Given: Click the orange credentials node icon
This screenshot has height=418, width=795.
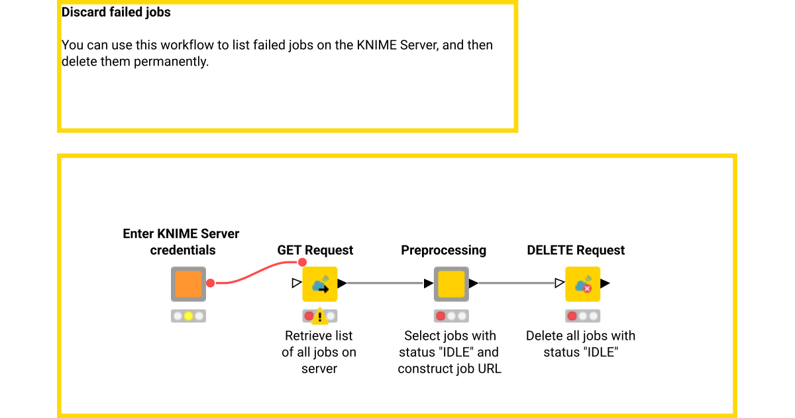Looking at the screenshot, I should pos(189,284).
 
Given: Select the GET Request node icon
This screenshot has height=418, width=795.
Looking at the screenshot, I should pos(320,284).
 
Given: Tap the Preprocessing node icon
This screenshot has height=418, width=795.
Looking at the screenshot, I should pos(451,284).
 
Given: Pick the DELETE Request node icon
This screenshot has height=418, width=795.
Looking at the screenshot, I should pos(582,284).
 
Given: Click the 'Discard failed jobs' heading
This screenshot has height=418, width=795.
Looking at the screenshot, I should pos(116,13).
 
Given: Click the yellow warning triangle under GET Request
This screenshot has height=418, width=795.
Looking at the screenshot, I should pos(320,316).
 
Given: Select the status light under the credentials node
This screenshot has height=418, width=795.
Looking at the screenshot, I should pos(189,316).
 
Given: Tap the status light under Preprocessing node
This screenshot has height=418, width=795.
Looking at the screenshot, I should pos(451,316).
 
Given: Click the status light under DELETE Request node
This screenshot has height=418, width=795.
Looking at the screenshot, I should pos(582,316).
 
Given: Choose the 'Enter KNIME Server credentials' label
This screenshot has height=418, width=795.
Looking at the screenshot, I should pos(182,242).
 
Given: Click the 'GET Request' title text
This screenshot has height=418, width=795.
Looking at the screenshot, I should pos(315,251).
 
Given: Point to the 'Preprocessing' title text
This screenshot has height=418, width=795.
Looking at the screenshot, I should pos(443,251).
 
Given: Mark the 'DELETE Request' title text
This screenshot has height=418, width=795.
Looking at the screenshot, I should pos(576,251).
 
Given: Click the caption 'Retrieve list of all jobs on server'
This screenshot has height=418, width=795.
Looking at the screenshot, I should pos(319,352).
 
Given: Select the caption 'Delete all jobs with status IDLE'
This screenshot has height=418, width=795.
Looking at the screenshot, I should pos(580,344).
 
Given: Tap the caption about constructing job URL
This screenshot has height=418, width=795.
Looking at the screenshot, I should pos(450,352).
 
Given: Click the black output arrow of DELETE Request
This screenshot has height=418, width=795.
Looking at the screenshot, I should pos(606,284).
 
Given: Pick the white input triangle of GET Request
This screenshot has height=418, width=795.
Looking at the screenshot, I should pos(296,284).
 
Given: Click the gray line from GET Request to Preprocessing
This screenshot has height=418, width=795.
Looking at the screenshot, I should pos(384,284).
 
